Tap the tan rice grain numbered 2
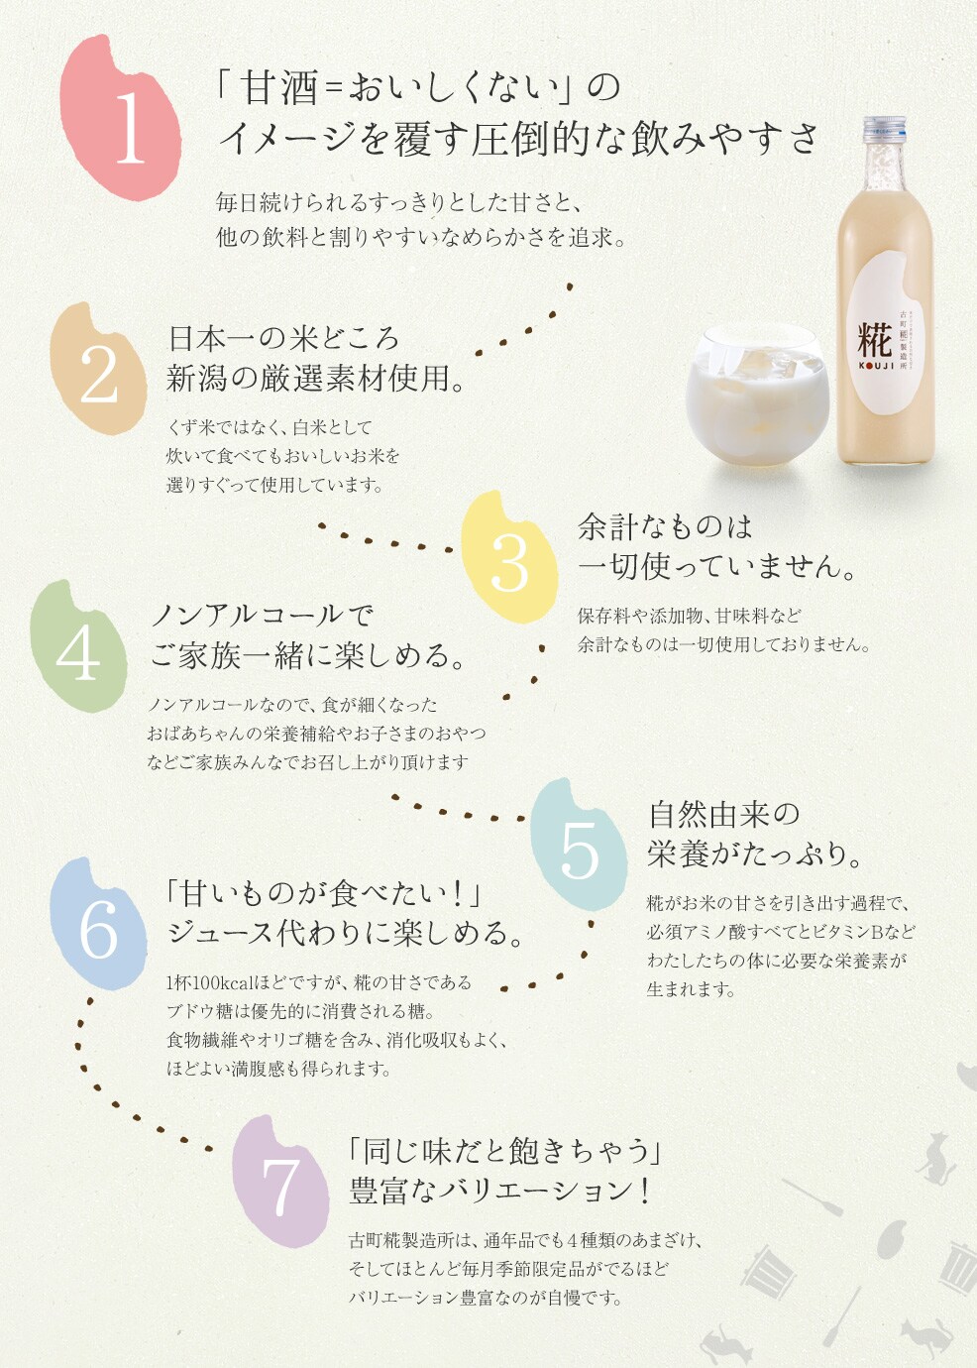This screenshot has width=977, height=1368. point(99,372)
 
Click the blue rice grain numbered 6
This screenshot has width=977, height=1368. point(98,927)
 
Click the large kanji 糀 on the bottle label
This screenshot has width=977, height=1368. point(874,340)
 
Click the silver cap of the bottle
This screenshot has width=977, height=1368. point(883,131)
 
